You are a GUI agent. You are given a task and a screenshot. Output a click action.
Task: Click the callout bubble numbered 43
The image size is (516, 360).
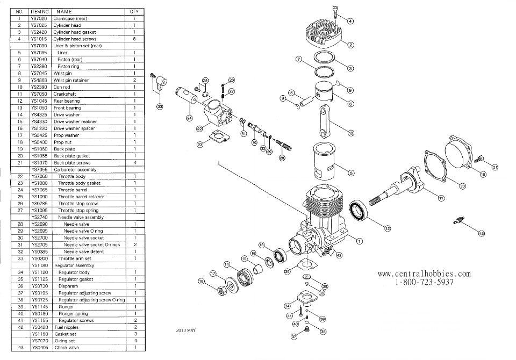[x=481, y=233]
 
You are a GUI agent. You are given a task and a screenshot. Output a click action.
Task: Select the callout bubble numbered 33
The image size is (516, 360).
[x=160, y=106]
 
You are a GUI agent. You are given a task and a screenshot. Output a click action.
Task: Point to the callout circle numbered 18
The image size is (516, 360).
[x=202, y=281]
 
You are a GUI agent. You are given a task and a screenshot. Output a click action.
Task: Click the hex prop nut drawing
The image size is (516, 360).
[x=220, y=290]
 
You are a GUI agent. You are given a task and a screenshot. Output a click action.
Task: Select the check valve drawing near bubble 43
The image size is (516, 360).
[x=460, y=221]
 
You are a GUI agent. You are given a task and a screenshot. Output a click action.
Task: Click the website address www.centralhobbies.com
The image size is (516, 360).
[x=424, y=273]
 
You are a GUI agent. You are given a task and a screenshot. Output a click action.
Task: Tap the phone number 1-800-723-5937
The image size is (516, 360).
[x=424, y=282]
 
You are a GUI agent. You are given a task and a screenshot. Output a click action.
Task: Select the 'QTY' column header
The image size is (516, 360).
[x=133, y=11]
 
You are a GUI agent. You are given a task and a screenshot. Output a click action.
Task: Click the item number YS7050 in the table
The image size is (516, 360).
[x=39, y=93]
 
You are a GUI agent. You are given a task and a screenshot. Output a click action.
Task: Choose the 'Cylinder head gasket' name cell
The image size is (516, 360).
[x=75, y=32]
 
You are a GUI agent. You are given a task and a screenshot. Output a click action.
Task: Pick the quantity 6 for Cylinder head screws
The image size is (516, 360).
[x=133, y=39]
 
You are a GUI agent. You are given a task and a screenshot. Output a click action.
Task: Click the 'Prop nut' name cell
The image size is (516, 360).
[x=63, y=142]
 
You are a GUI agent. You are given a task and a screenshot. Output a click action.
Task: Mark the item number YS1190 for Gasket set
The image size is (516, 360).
[x=39, y=334]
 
